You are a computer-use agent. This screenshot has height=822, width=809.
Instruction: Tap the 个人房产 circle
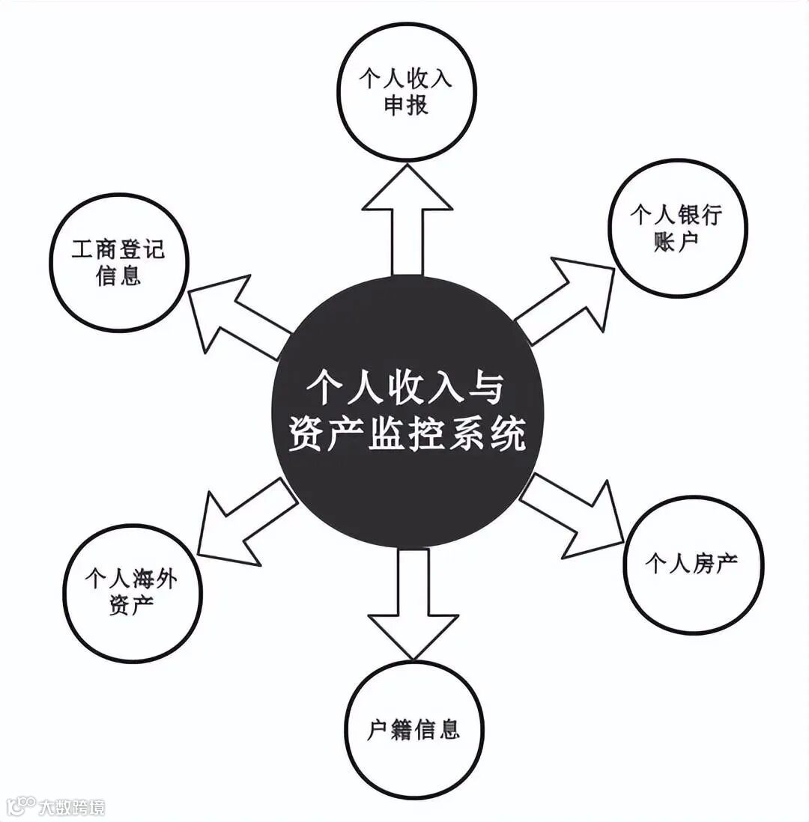coord(691,564)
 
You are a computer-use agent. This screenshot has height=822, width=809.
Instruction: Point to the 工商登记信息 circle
coord(119,263)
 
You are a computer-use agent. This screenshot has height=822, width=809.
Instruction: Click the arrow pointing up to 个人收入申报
coord(407,217)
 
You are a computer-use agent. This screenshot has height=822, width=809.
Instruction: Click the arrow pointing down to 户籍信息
coord(413,599)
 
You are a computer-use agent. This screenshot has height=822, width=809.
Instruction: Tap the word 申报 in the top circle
coord(407,106)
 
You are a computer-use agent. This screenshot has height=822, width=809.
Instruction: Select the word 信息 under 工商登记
coord(119,276)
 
